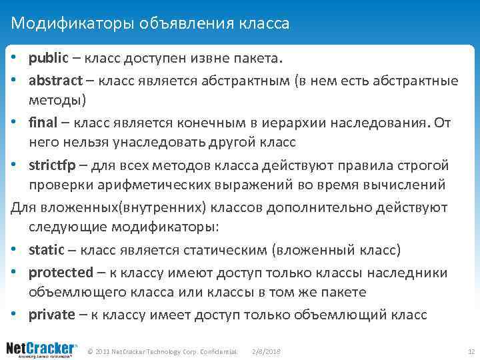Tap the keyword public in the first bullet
(x=48, y=58)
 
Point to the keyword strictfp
(x=51, y=165)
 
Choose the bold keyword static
(x=47, y=250)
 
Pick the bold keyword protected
(x=61, y=273)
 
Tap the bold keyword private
(x=53, y=315)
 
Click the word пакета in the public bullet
(x=260, y=58)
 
